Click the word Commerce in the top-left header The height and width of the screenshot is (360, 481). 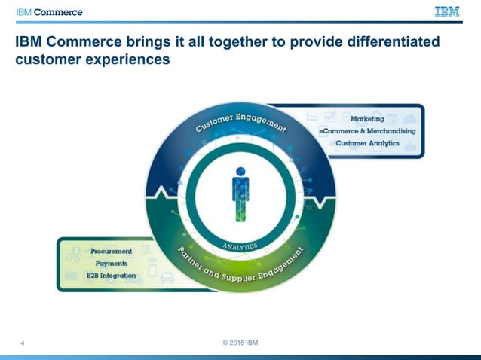click(x=57, y=12)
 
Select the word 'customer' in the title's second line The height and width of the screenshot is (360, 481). click(x=50, y=59)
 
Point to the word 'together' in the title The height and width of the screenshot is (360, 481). click(x=239, y=42)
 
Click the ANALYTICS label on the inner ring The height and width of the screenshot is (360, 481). click(x=240, y=246)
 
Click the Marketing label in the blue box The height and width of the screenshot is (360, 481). click(x=367, y=119)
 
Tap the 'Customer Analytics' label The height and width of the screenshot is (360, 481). click(x=367, y=143)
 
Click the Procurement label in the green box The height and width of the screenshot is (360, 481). click(x=111, y=251)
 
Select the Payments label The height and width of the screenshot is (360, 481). click(x=111, y=264)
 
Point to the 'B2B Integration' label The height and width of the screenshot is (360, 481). click(x=111, y=276)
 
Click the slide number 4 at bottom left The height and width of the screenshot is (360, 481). click(x=23, y=344)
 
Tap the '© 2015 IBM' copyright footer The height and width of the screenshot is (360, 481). click(x=240, y=343)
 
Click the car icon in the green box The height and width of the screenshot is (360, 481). click(x=167, y=278)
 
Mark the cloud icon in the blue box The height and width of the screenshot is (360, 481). click(x=409, y=119)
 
